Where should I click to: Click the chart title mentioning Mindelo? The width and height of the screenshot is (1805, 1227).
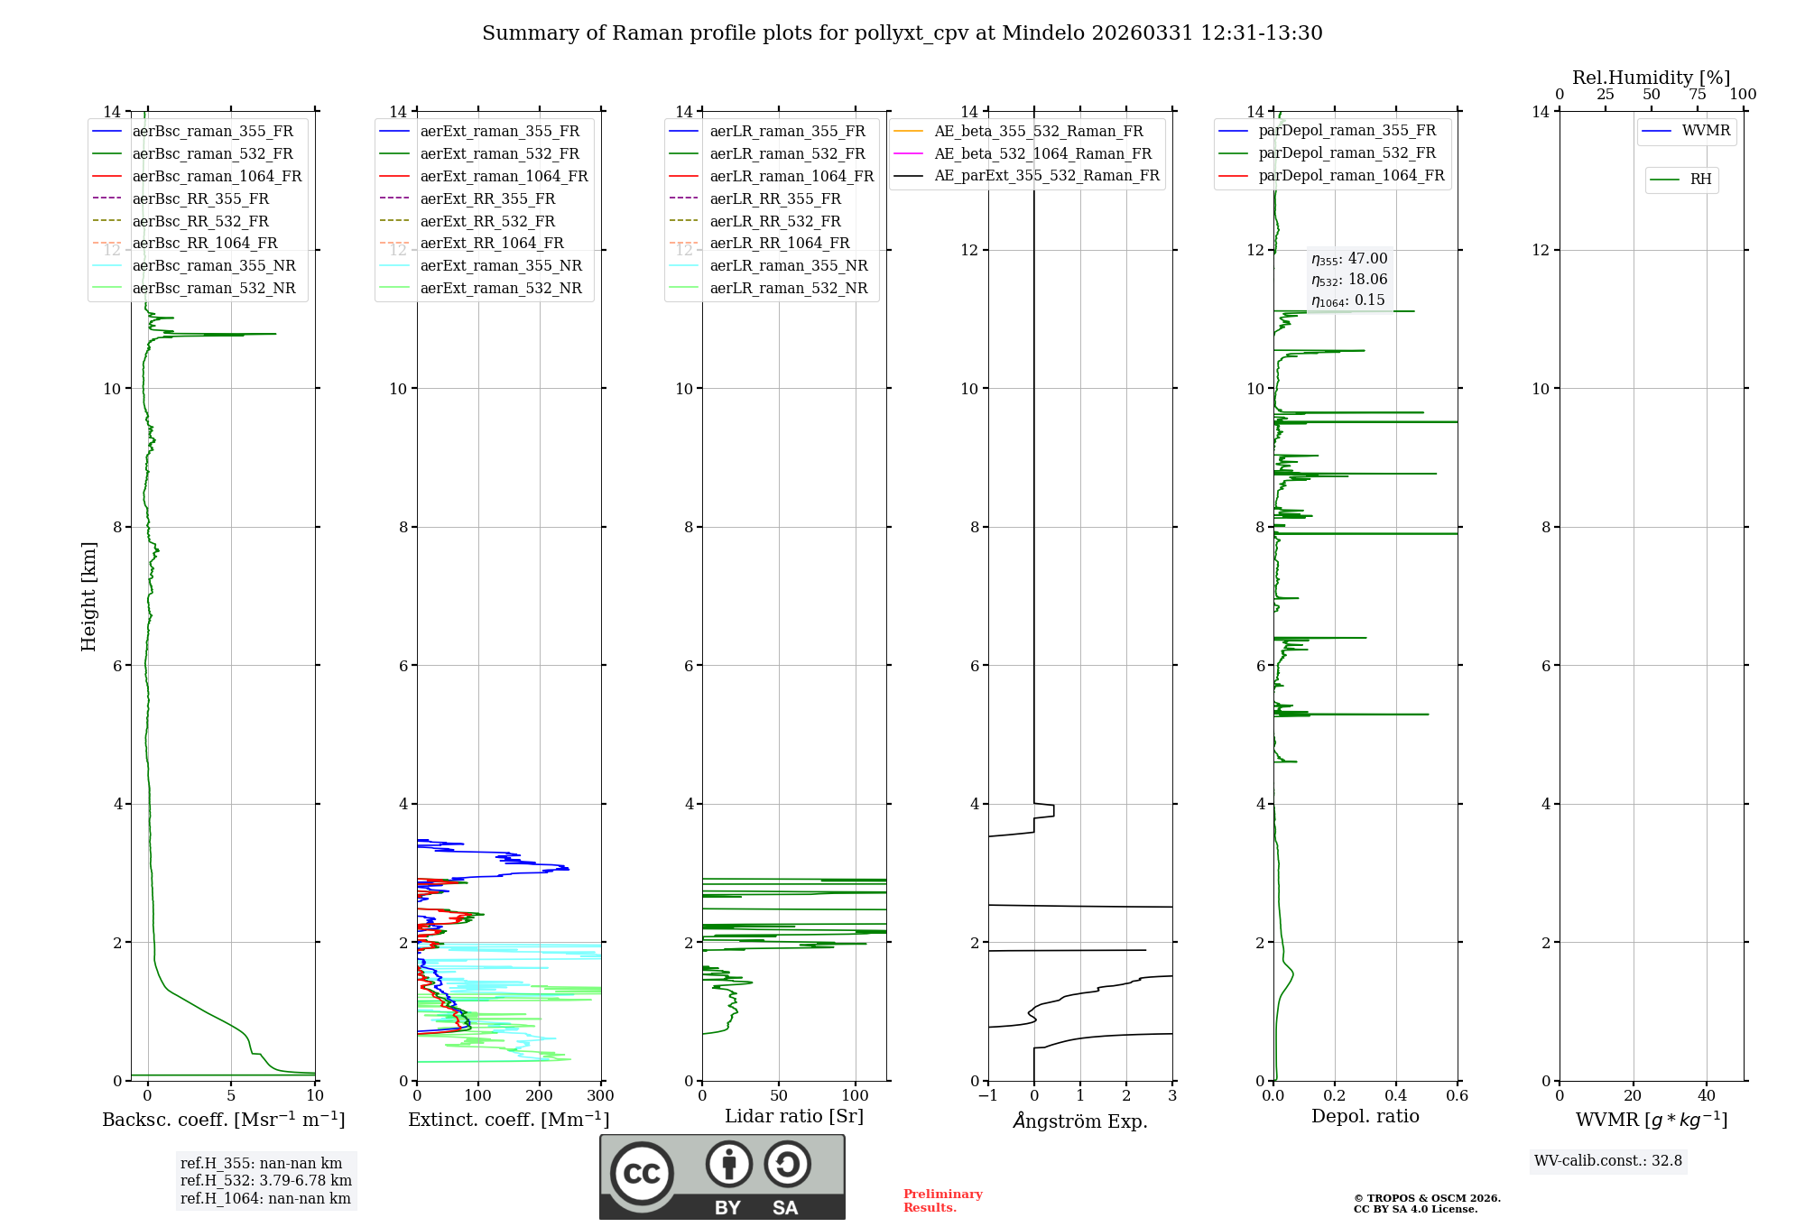pos(902,33)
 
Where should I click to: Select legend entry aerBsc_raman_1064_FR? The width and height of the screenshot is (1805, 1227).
pos(217,176)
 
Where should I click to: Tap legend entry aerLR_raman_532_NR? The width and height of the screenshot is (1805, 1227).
pos(788,288)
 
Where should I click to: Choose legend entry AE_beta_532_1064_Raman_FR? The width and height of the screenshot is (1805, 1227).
pos(1042,153)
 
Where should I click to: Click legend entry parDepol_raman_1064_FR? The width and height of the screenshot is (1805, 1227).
pos(1351,175)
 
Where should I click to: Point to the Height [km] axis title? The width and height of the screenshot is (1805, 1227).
pos(88,595)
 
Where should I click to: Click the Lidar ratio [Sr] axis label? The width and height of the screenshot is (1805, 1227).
pos(794,1116)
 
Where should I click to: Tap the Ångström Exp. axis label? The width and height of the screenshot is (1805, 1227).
pos(1080,1121)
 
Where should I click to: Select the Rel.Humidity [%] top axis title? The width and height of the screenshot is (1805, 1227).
pos(1651,78)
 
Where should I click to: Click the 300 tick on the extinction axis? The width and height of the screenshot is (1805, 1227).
pos(601,1095)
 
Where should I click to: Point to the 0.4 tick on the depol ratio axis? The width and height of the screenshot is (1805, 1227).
pos(1396,1095)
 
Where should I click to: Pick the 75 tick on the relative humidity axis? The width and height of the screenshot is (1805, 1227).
pos(1698,95)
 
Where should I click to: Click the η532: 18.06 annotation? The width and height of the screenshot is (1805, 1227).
pos(1349,280)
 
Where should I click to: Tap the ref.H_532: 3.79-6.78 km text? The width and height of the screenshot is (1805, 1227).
pos(265,1180)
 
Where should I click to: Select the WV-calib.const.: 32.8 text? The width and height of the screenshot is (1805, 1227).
pos(1608,1161)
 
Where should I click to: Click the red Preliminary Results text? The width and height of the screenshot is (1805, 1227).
pos(942,1201)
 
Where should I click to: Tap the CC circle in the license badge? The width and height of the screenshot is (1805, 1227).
pos(642,1174)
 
